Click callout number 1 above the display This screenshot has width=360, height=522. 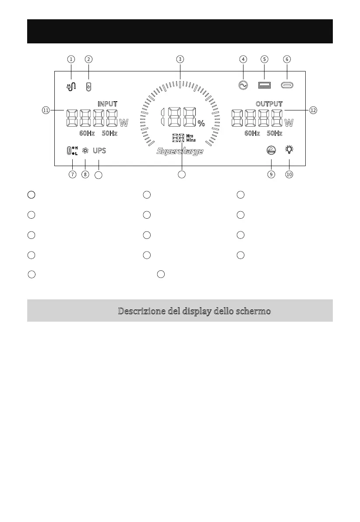(71, 59)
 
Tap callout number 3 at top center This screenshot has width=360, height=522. (180, 59)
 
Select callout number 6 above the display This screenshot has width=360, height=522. (287, 59)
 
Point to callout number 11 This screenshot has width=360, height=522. (46, 110)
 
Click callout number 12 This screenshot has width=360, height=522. (313, 110)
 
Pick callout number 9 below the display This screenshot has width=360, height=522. (272, 174)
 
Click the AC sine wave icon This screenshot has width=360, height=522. (242, 85)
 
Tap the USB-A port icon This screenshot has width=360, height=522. (265, 85)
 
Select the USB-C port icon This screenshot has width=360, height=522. (287, 85)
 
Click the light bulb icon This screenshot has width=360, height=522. (289, 150)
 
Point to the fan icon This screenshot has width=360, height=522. (85, 151)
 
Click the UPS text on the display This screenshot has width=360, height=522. (99, 151)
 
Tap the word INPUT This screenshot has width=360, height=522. (107, 104)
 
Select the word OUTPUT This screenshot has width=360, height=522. (269, 104)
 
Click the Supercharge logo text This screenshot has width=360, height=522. (180, 152)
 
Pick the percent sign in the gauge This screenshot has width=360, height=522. (201, 124)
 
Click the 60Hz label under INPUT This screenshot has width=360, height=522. (87, 133)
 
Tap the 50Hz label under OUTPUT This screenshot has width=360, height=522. (275, 133)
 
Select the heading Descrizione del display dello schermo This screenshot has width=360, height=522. (194, 311)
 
